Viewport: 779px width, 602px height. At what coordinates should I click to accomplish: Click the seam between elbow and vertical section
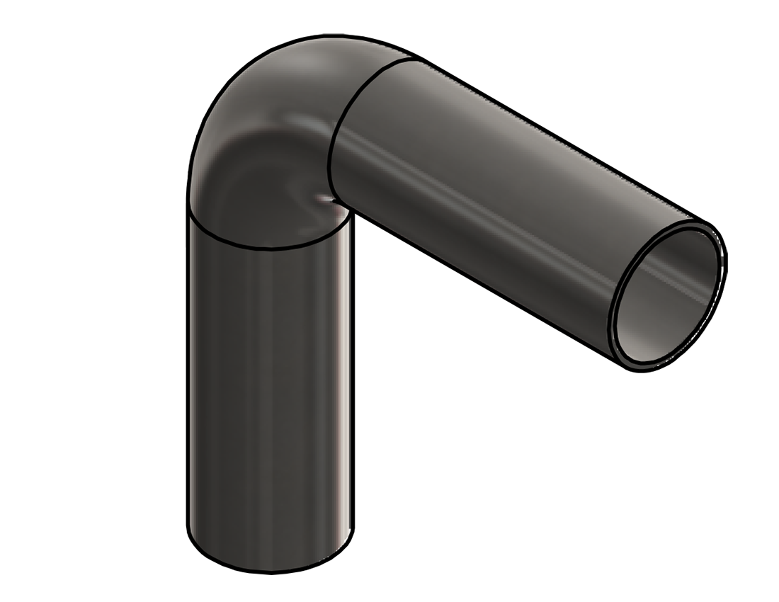[269, 245]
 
